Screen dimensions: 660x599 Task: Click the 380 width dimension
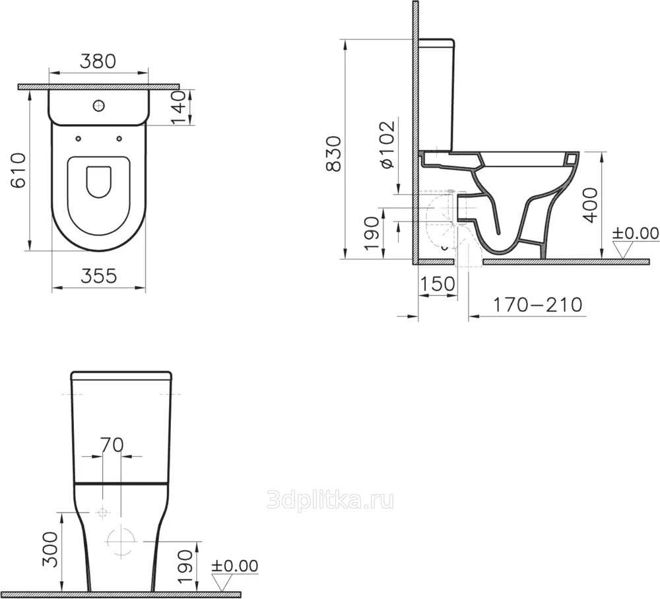(x=98, y=61)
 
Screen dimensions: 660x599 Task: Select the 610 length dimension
(x=18, y=170)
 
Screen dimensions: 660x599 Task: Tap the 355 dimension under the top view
(x=98, y=276)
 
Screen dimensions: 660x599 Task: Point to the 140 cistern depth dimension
(x=178, y=108)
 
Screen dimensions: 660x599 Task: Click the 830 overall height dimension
(x=334, y=154)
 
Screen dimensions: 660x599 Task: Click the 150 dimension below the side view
(x=438, y=285)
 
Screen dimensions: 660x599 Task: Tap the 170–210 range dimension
(x=537, y=304)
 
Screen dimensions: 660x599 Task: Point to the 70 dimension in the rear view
(x=112, y=444)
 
